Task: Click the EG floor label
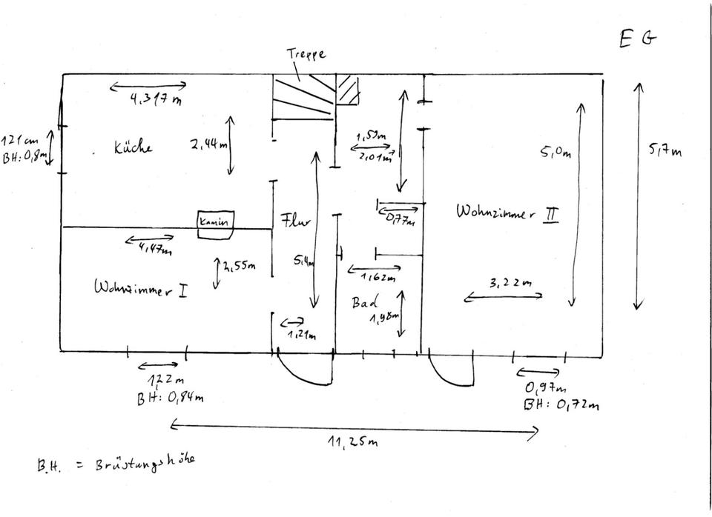(x=638, y=39)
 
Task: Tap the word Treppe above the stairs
(x=306, y=55)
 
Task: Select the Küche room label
(x=133, y=147)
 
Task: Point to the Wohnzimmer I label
(x=140, y=288)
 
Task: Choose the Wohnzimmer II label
(x=507, y=213)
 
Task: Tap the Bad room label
(x=365, y=302)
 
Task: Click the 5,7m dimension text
(x=665, y=152)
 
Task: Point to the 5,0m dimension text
(x=556, y=154)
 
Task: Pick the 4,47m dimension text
(x=155, y=249)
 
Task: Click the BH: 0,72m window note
(x=561, y=404)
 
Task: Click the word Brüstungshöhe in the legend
(x=145, y=463)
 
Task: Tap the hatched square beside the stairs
(x=347, y=90)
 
